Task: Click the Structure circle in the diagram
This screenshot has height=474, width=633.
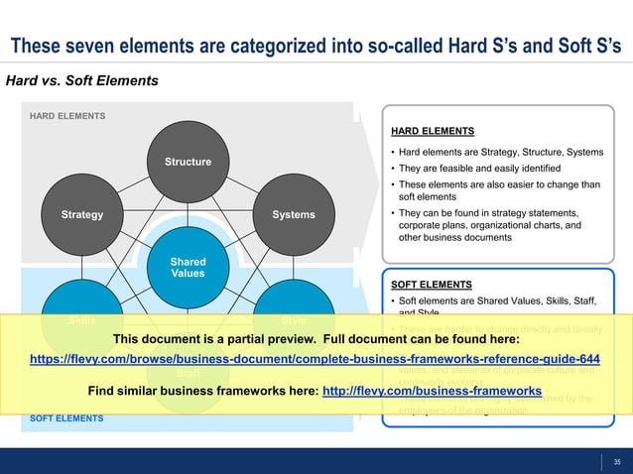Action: click(188, 161)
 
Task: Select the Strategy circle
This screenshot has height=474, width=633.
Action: click(80, 214)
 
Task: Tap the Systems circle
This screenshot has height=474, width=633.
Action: click(294, 214)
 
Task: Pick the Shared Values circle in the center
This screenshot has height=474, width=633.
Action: click(188, 268)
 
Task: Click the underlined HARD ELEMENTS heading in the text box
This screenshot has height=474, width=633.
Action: click(432, 130)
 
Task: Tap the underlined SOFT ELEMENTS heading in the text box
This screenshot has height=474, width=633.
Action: click(431, 281)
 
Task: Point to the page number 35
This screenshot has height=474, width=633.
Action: click(617, 460)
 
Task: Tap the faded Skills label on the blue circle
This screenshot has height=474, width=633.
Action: click(81, 320)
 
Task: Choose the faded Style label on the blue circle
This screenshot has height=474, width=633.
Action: click(294, 320)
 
